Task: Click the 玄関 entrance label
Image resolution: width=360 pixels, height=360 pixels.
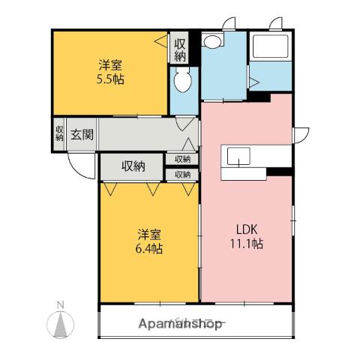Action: (x=82, y=135)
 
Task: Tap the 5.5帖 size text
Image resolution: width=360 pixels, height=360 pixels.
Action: (x=110, y=79)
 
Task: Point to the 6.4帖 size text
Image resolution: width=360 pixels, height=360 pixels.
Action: (x=149, y=248)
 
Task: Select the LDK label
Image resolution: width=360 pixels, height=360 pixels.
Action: (x=247, y=229)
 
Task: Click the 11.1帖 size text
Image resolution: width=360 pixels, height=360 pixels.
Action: (x=247, y=244)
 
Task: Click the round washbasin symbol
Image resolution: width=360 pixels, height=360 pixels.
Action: (x=212, y=41)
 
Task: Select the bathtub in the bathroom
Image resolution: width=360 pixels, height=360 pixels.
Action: (x=271, y=46)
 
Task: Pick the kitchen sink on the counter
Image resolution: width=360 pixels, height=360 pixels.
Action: (x=238, y=156)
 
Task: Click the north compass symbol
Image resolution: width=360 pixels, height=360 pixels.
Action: (x=61, y=325)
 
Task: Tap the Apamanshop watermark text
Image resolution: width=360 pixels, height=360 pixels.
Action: (x=180, y=324)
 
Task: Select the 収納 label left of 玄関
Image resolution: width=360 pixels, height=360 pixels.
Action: (x=59, y=133)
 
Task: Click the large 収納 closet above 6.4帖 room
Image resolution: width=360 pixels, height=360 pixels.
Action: (x=133, y=166)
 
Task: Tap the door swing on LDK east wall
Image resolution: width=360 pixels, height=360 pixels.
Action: (x=301, y=136)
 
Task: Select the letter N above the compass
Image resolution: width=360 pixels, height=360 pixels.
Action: (x=60, y=305)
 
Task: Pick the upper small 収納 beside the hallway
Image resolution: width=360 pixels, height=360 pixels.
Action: (x=182, y=159)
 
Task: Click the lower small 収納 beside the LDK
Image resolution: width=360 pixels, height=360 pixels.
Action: (x=182, y=175)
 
